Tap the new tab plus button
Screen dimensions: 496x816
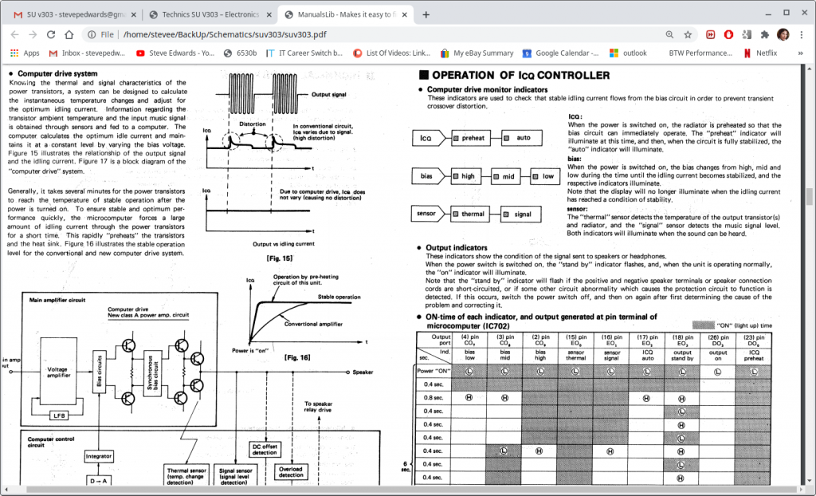(x=426, y=14)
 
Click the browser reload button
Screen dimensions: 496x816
(x=51, y=34)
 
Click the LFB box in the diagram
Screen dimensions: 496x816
(x=58, y=415)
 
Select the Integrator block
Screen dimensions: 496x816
(x=99, y=456)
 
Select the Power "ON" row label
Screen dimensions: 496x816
(x=435, y=371)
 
